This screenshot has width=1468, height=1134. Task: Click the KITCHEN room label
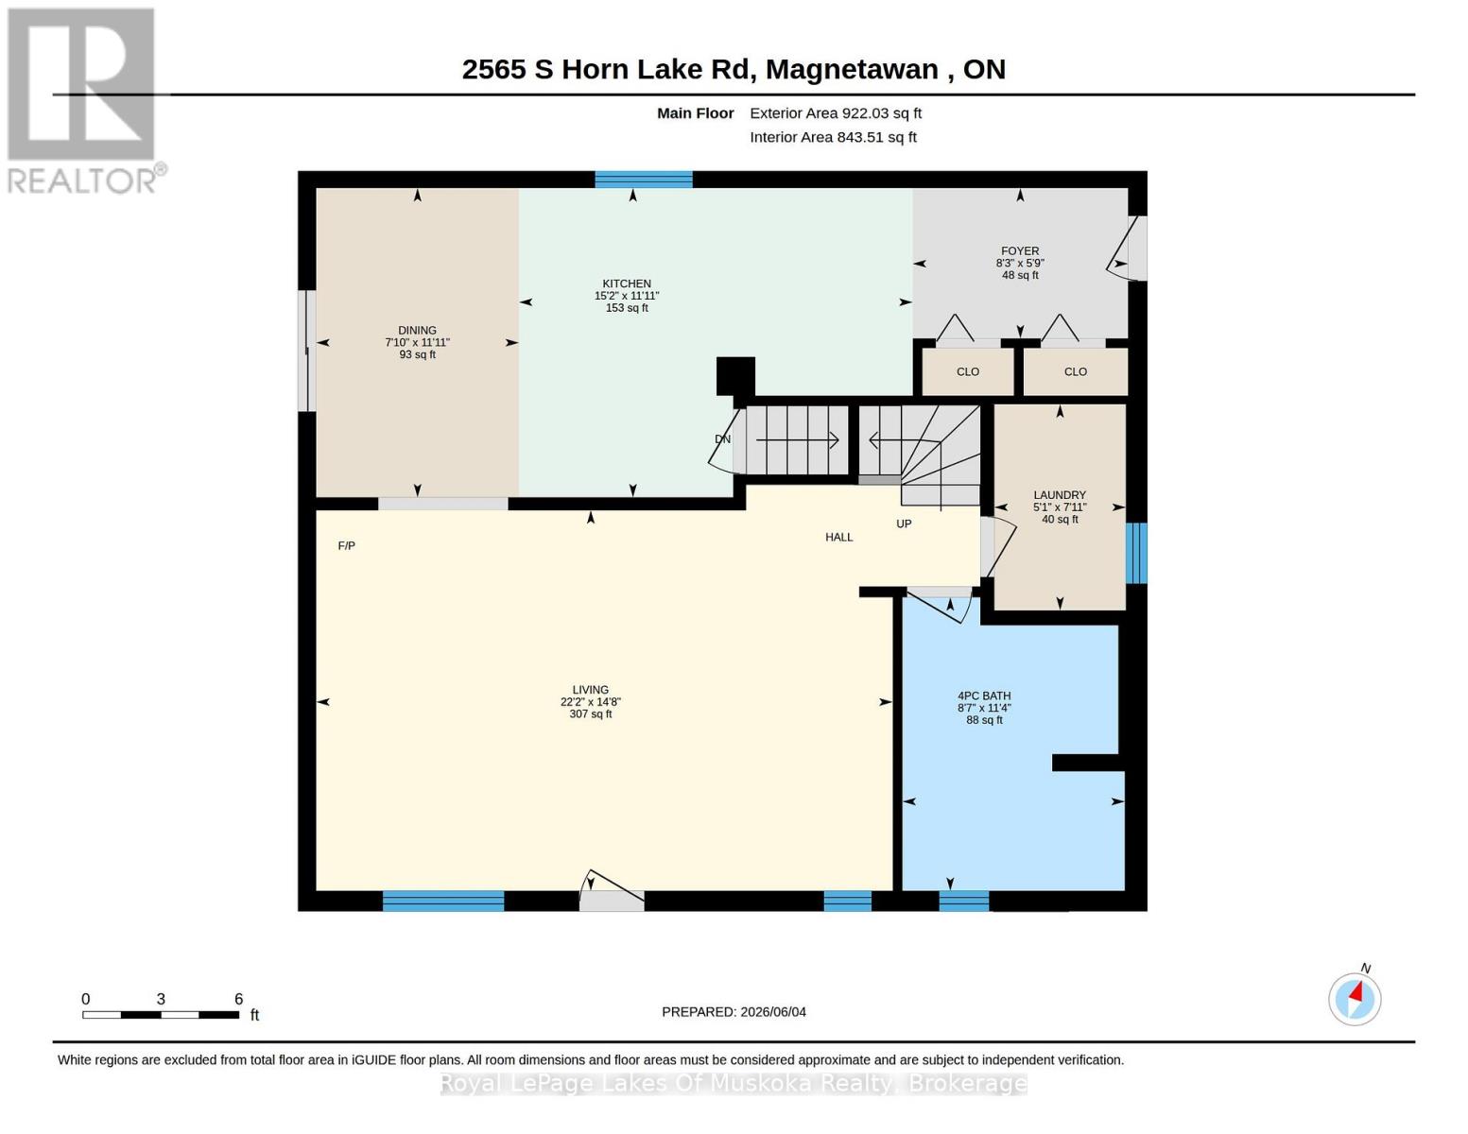pos(627,283)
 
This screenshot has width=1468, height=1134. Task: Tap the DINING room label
pos(417,330)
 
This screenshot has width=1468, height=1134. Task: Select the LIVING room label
pos(591,690)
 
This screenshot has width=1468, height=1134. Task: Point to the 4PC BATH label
pos(984,696)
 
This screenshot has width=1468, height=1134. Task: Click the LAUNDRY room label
pos(1060,495)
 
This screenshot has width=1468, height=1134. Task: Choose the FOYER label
pos(1020,251)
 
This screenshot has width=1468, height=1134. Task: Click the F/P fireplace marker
pos(347,545)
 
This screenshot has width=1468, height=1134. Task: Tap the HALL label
pos(839,537)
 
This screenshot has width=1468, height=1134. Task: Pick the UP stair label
pos(904,524)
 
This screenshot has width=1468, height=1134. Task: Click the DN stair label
pos(723,439)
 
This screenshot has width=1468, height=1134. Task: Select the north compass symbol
pos(1355,999)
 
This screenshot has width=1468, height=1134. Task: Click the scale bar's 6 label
pos(238,999)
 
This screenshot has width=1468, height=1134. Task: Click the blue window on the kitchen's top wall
pos(643,180)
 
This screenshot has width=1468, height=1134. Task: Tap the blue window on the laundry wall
pos(1136,553)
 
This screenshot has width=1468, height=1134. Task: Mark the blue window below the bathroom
pos(964,901)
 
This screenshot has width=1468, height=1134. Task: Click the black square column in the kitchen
pos(735,376)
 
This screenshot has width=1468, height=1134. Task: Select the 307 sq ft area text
pos(591,713)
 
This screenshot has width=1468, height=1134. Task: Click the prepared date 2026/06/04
pos(773,1012)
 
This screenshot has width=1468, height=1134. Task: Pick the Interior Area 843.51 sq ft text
pos(833,137)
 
